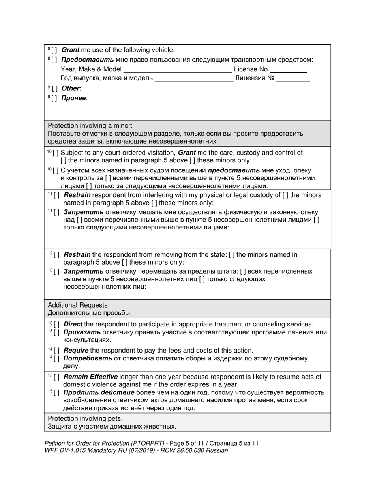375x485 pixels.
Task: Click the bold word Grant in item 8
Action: [x=70, y=50]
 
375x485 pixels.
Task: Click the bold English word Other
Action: [x=71, y=88]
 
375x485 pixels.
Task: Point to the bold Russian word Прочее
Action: [x=74, y=98]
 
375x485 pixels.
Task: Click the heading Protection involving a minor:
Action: [x=90, y=125]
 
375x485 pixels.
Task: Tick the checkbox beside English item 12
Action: [x=57, y=255]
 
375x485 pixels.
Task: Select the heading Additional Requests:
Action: [x=79, y=305]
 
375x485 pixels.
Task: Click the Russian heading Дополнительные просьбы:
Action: [x=90, y=313]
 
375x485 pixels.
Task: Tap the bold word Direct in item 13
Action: [x=73, y=324]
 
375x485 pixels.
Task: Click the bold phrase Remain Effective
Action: [x=90, y=377]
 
